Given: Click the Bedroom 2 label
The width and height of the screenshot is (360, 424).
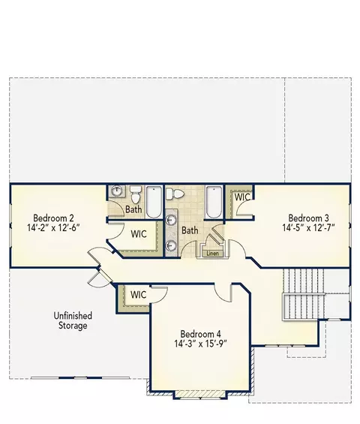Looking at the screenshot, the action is click(x=53, y=218).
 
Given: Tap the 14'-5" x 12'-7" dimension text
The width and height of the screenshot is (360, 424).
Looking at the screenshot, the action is click(x=308, y=227).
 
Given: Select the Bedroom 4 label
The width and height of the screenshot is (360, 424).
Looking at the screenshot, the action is click(x=200, y=334).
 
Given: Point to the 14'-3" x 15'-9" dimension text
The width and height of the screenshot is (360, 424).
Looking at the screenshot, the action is click(x=200, y=344).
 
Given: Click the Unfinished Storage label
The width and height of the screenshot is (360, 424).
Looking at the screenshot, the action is click(x=73, y=320).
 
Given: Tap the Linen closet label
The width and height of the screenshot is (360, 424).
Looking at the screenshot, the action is click(x=212, y=254).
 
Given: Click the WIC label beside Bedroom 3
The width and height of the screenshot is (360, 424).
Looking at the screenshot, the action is click(x=242, y=197).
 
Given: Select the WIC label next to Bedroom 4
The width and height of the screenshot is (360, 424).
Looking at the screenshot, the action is click(x=139, y=295).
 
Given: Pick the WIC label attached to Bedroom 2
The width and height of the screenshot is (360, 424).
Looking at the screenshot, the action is click(x=139, y=234).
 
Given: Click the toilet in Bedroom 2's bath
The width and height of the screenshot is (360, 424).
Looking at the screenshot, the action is click(x=135, y=194).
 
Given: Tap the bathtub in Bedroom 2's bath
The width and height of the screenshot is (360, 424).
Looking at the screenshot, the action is click(x=154, y=202).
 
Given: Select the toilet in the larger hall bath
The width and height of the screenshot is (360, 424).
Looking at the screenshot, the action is click(x=175, y=194).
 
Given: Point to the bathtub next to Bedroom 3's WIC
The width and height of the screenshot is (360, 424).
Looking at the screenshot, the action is click(x=214, y=202).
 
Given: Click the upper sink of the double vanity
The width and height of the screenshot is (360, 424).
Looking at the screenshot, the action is click(x=171, y=220).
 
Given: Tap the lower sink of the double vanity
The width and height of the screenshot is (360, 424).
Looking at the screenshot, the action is click(x=171, y=245).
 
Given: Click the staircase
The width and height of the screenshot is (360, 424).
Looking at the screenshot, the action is click(x=304, y=294).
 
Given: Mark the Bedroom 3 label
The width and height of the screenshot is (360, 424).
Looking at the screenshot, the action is click(x=309, y=218).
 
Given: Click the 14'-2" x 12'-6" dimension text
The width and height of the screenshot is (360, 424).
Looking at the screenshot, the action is click(x=53, y=227).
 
